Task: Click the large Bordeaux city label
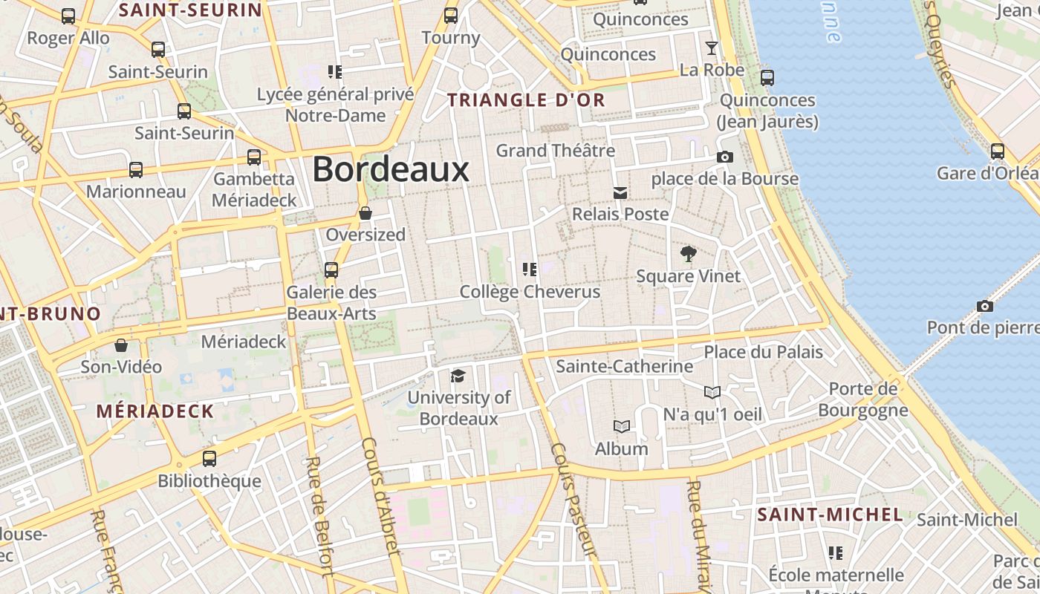pos(391,169)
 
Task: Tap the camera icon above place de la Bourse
pos(724,157)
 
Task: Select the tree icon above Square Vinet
pos(689,254)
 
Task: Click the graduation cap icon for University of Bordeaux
pos(458,376)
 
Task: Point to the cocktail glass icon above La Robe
pos(712,48)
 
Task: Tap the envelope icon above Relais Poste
pos(620,193)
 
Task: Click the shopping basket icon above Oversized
pos(365,213)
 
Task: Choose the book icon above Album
pos(621,426)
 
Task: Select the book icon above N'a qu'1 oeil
pos(712,392)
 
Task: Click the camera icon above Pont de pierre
pos(985,306)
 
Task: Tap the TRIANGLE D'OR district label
pos(526,100)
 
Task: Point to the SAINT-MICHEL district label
pos(830,515)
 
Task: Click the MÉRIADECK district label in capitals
pos(155,411)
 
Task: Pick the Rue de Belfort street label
pos(319,515)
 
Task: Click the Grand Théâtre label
pos(556,151)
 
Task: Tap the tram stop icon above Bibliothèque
pos(209,459)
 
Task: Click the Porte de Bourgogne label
pos(863,399)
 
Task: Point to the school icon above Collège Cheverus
pos(530,269)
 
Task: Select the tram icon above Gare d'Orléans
pos(998,151)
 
